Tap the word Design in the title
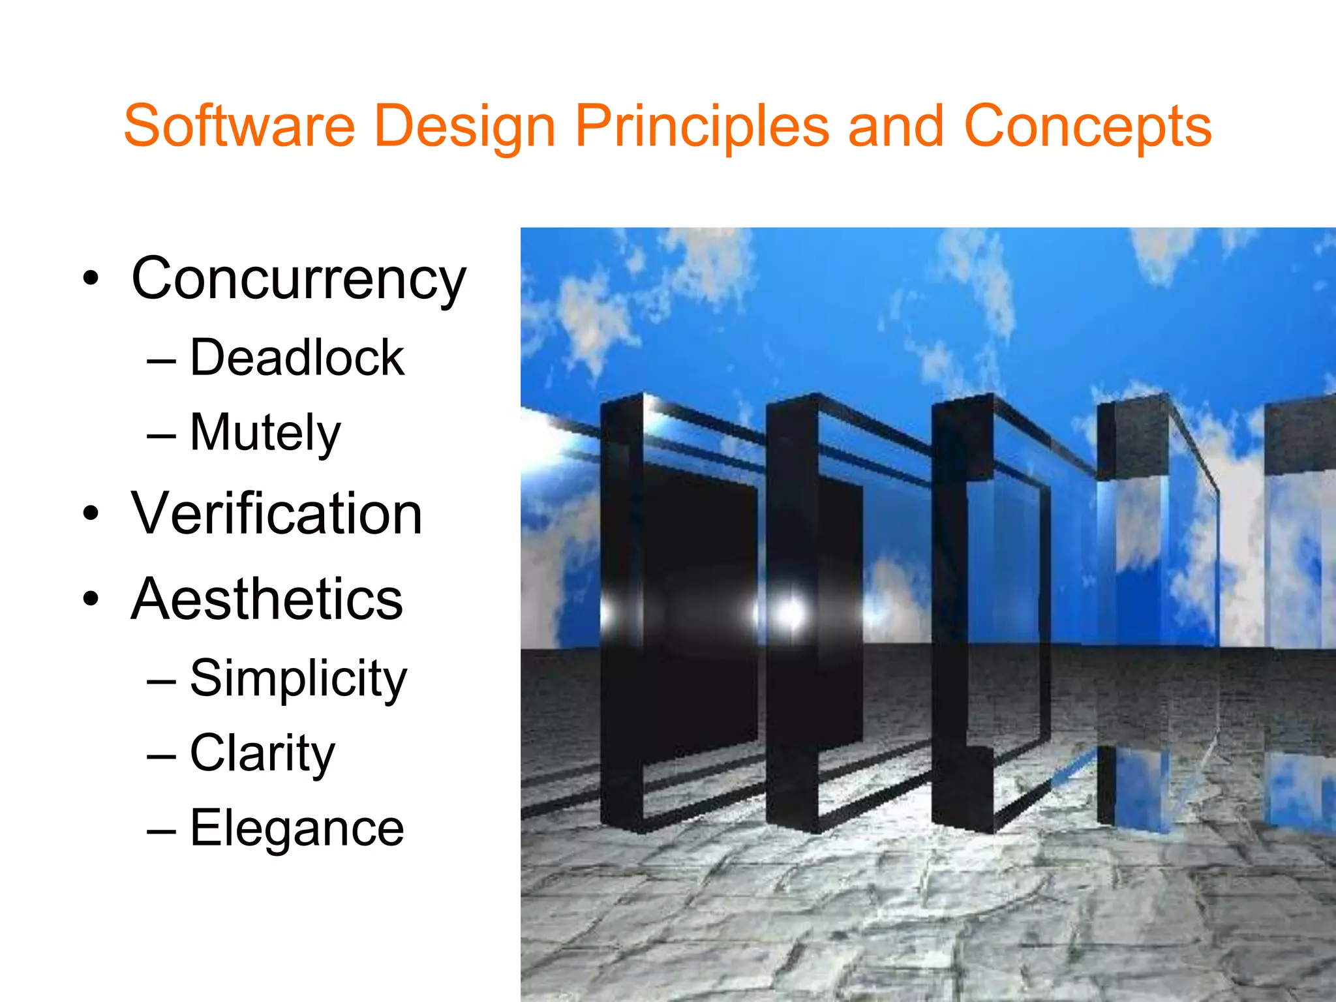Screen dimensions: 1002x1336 464,127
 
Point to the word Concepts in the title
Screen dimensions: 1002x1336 1087,127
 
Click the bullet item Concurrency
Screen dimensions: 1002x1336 299,279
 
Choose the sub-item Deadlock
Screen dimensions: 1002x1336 297,358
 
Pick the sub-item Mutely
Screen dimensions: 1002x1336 265,433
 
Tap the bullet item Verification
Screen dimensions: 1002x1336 277,514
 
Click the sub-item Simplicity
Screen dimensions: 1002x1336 298,679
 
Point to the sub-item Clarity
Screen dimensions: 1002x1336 262,753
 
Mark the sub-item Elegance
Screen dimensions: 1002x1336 297,828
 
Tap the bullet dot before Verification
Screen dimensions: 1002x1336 91,515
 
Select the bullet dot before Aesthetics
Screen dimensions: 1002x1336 91,600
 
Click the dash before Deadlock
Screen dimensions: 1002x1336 161,360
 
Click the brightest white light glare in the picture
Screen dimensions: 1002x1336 790,613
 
